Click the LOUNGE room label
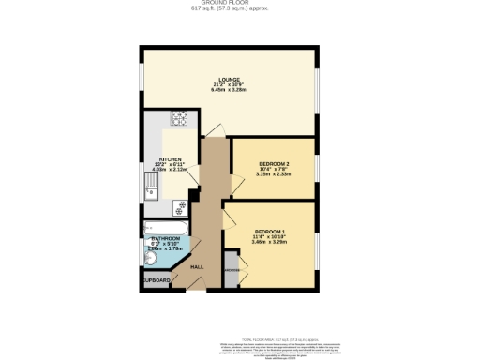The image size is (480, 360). click(x=230, y=79)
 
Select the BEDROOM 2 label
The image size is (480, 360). click(x=275, y=165)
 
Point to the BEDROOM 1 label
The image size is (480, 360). click(x=270, y=231)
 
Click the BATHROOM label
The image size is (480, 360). click(x=166, y=239)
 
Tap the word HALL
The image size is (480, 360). click(x=198, y=268)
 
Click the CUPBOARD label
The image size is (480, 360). click(x=157, y=280)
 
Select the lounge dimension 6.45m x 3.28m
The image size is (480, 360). click(x=230, y=91)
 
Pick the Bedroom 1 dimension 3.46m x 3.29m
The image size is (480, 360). click(x=270, y=243)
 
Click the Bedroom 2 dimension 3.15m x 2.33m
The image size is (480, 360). click(x=275, y=177)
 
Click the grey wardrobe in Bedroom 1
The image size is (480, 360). click(x=231, y=268)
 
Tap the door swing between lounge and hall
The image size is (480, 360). click(x=215, y=132)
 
